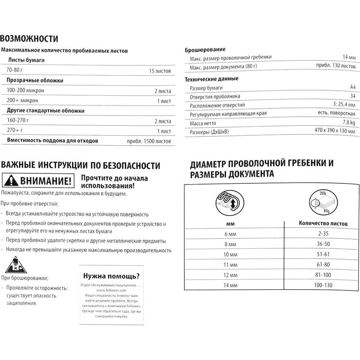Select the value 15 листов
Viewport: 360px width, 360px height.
[160, 71]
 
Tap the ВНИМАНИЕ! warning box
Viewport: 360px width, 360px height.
[38, 181]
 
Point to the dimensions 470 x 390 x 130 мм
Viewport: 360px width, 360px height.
[334, 132]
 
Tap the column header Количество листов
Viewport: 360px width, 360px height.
[323, 223]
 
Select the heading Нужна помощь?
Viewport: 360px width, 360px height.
[111, 276]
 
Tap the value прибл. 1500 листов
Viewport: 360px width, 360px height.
[149, 141]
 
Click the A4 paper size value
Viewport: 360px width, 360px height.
[353, 87]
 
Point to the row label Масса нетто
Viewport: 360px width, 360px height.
[203, 123]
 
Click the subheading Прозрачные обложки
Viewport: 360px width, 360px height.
[35, 81]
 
